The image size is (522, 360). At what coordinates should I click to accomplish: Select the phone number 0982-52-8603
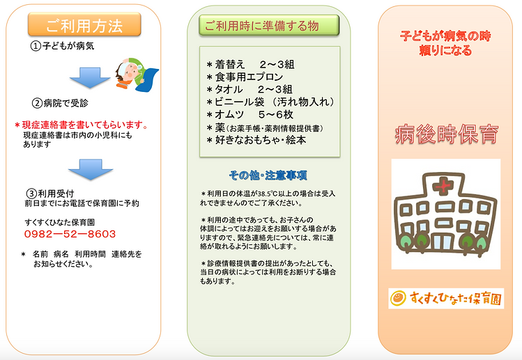pos(69,235)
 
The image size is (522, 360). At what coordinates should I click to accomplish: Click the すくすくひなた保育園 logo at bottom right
pos(446,297)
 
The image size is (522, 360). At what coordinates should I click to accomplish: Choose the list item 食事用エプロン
pos(245,77)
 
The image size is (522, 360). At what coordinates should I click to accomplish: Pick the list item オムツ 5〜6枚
pos(252,114)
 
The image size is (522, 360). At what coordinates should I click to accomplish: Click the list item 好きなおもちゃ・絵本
pos(256,140)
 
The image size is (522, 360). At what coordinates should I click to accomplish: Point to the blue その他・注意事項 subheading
pos(268,175)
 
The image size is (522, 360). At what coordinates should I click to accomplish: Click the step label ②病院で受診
pos(61,103)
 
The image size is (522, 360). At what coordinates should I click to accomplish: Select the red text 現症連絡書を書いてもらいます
pos(82,125)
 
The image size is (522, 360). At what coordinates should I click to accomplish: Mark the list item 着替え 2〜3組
pos(250,64)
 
